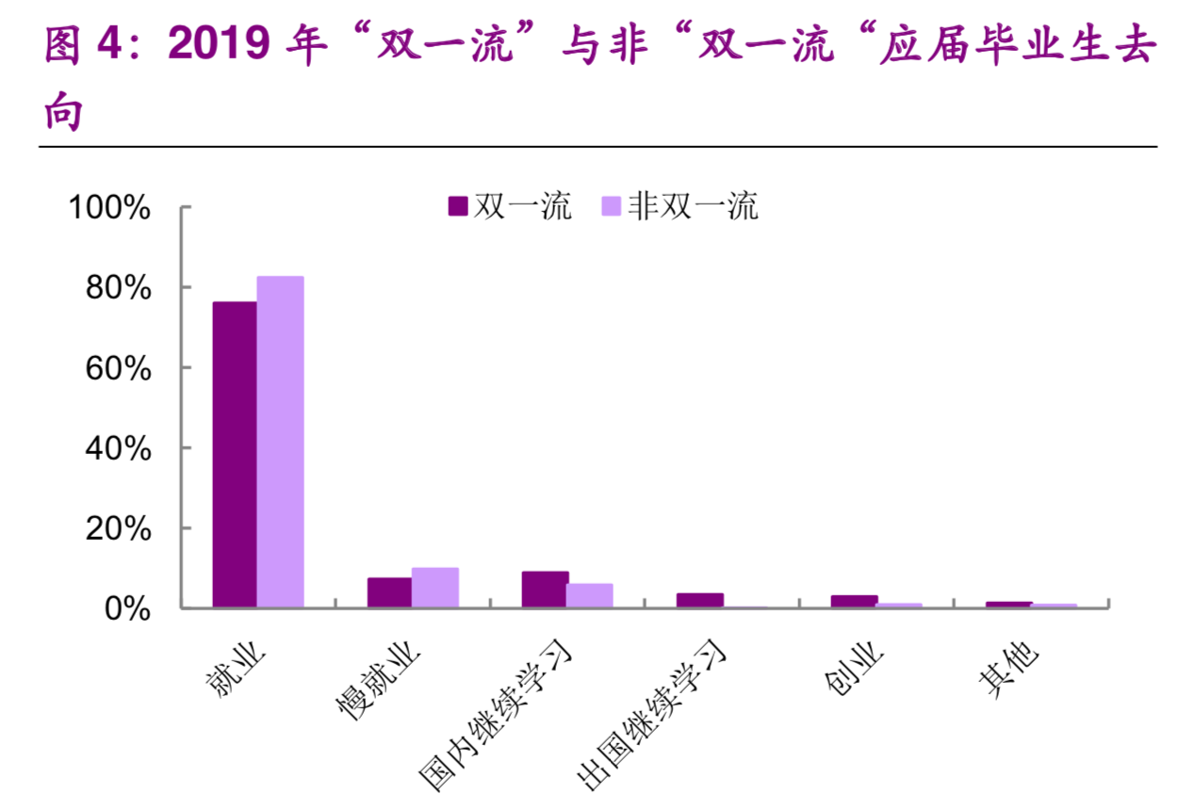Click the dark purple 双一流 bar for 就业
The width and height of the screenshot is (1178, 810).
(x=235, y=455)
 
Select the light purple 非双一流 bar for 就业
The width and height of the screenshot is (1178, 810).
(x=280, y=442)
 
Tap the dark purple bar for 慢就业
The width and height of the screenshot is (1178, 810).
(x=389, y=592)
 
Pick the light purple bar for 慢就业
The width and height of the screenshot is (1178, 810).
(x=434, y=588)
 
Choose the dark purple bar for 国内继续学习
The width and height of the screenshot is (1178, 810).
(x=545, y=590)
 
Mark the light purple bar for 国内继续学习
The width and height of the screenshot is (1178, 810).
(x=589, y=595)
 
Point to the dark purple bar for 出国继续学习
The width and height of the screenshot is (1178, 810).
(x=699, y=600)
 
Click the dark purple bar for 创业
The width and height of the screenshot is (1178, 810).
(x=854, y=601)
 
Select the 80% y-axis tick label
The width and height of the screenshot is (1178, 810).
(x=117, y=287)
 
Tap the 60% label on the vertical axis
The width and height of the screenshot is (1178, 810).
(x=117, y=368)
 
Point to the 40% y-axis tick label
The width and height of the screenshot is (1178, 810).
(x=117, y=448)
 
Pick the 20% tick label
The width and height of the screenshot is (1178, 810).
(x=117, y=528)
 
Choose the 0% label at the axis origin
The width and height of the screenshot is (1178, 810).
(x=126, y=609)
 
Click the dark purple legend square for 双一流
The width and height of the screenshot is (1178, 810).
(x=458, y=206)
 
